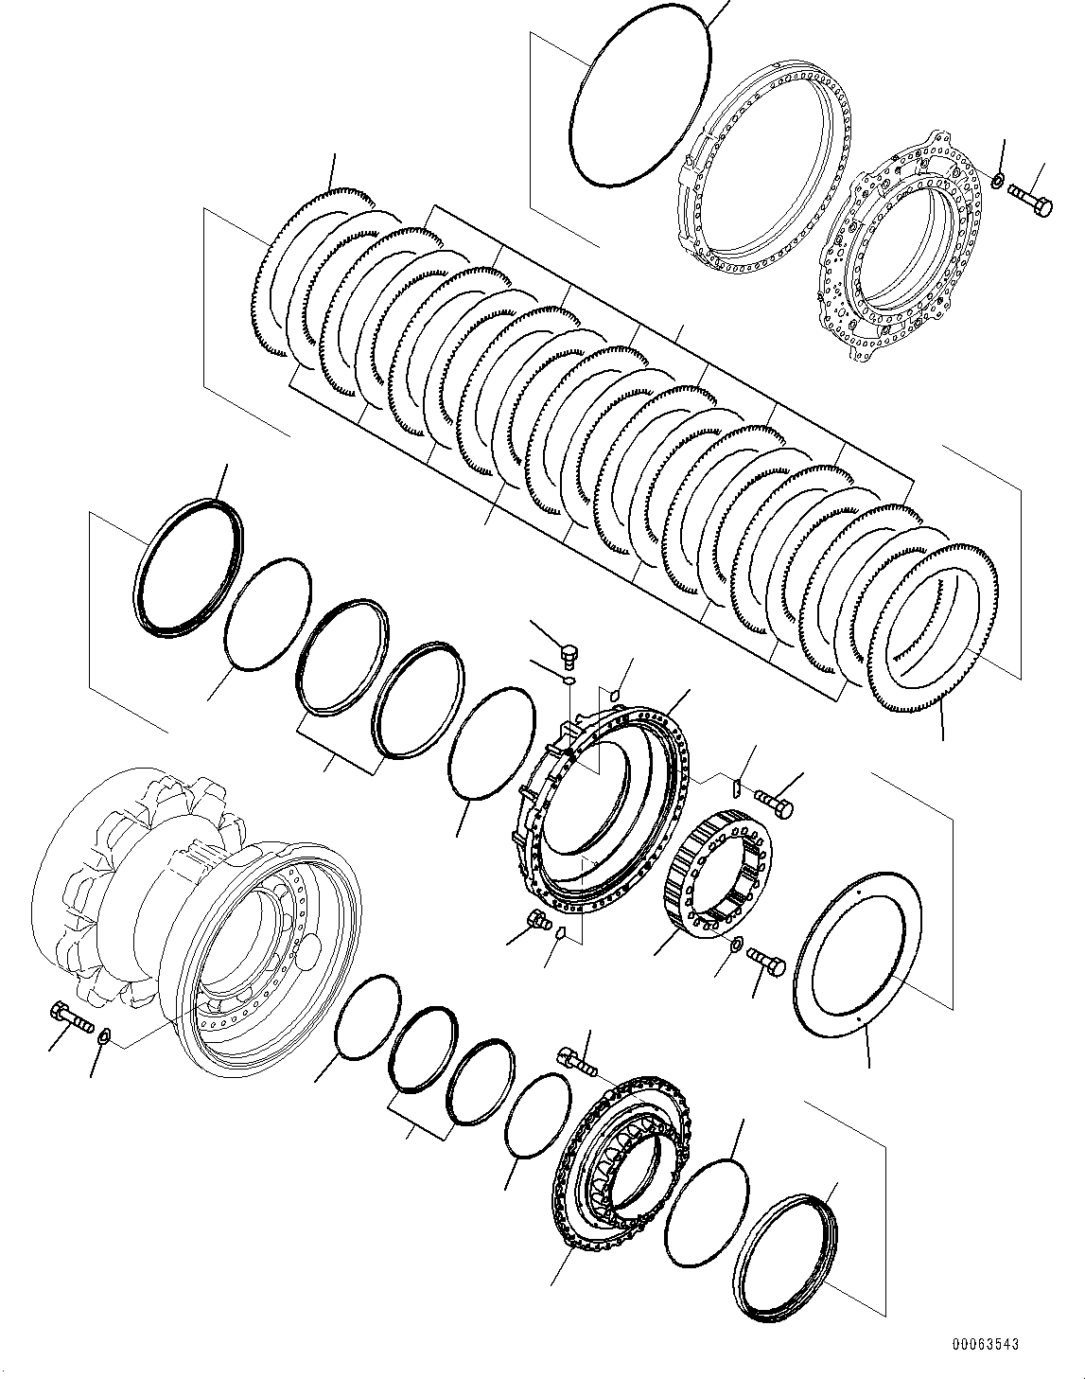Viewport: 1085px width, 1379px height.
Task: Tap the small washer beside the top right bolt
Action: tap(999, 179)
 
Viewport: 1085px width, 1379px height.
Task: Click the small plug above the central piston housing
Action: tap(569, 654)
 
